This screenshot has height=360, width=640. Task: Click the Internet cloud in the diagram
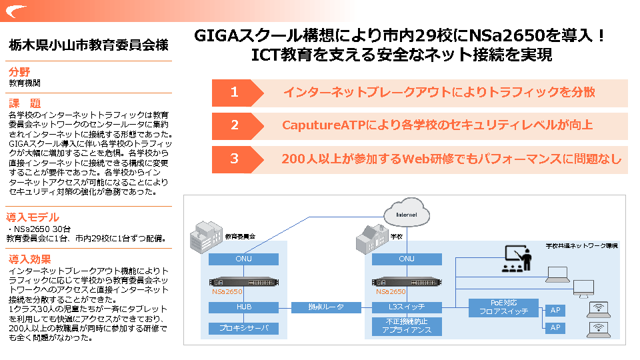pyautogui.click(x=406, y=214)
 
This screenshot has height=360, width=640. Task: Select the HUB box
pyautogui.click(x=243, y=307)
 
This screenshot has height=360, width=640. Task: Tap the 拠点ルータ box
pyautogui.click(x=327, y=307)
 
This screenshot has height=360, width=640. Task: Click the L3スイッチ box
pyautogui.click(x=407, y=307)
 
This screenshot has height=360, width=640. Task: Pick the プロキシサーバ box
pyautogui.click(x=243, y=328)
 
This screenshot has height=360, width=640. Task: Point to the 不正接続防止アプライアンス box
pyautogui.click(x=407, y=326)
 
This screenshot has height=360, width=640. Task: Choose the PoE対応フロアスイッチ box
pyautogui.click(x=503, y=307)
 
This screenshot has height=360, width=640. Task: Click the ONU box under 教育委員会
pyautogui.click(x=243, y=259)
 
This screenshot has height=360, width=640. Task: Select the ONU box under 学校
pyautogui.click(x=407, y=259)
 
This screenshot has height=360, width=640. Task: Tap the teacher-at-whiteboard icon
pyautogui.click(x=515, y=258)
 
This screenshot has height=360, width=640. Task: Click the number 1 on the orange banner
pyautogui.click(x=234, y=93)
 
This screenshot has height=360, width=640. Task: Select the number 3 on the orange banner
pyautogui.click(x=234, y=159)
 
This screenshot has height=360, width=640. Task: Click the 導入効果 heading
pyautogui.click(x=30, y=259)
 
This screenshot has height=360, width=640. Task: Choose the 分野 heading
pyautogui.click(x=19, y=72)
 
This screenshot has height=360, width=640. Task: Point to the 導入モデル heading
pyautogui.click(x=33, y=217)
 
